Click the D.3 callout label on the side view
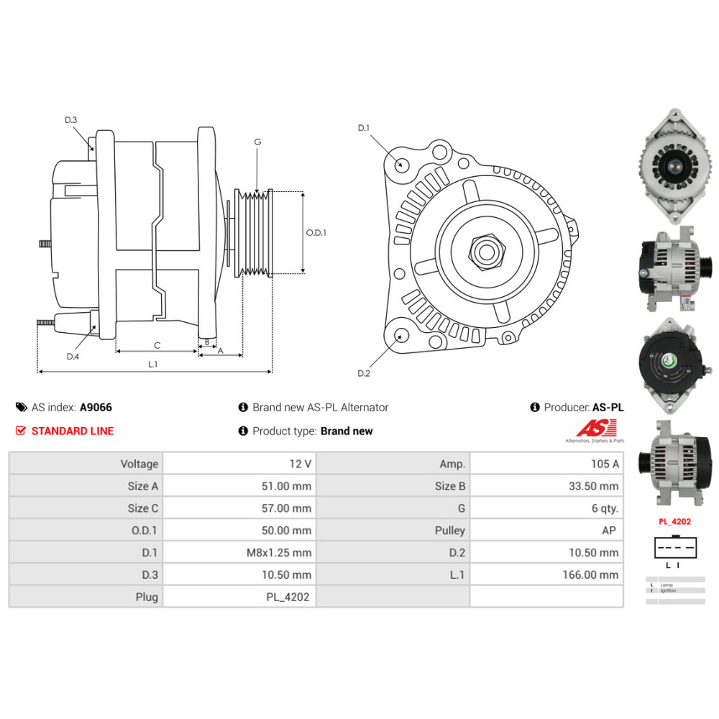(x=70, y=120)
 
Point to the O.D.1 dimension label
(x=316, y=232)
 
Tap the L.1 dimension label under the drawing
(x=152, y=365)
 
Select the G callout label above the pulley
(x=257, y=142)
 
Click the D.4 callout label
(x=73, y=357)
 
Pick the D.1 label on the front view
(x=364, y=128)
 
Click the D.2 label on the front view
(x=364, y=373)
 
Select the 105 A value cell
(x=605, y=464)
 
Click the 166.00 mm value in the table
(x=590, y=574)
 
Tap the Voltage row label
(x=139, y=464)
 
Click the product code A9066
(x=96, y=407)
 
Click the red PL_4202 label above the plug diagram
(x=674, y=522)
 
